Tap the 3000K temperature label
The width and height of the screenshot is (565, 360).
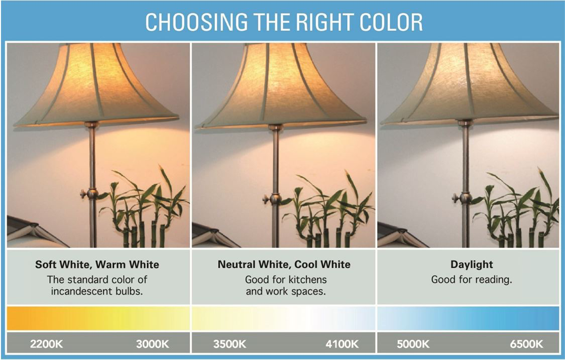coord(153,344)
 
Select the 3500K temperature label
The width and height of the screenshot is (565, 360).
coord(229,344)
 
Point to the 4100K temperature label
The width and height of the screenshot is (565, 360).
coord(342,344)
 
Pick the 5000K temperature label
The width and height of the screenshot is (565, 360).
coord(413,344)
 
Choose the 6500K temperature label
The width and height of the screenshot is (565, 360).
coord(526,344)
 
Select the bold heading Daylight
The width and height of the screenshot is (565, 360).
coord(472,264)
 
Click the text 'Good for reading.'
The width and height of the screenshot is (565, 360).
coord(472,280)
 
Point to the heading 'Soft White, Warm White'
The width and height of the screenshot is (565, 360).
coord(97,264)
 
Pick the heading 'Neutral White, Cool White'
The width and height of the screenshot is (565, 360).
coord(284,264)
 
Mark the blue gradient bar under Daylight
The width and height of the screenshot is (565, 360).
coord(468,318)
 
